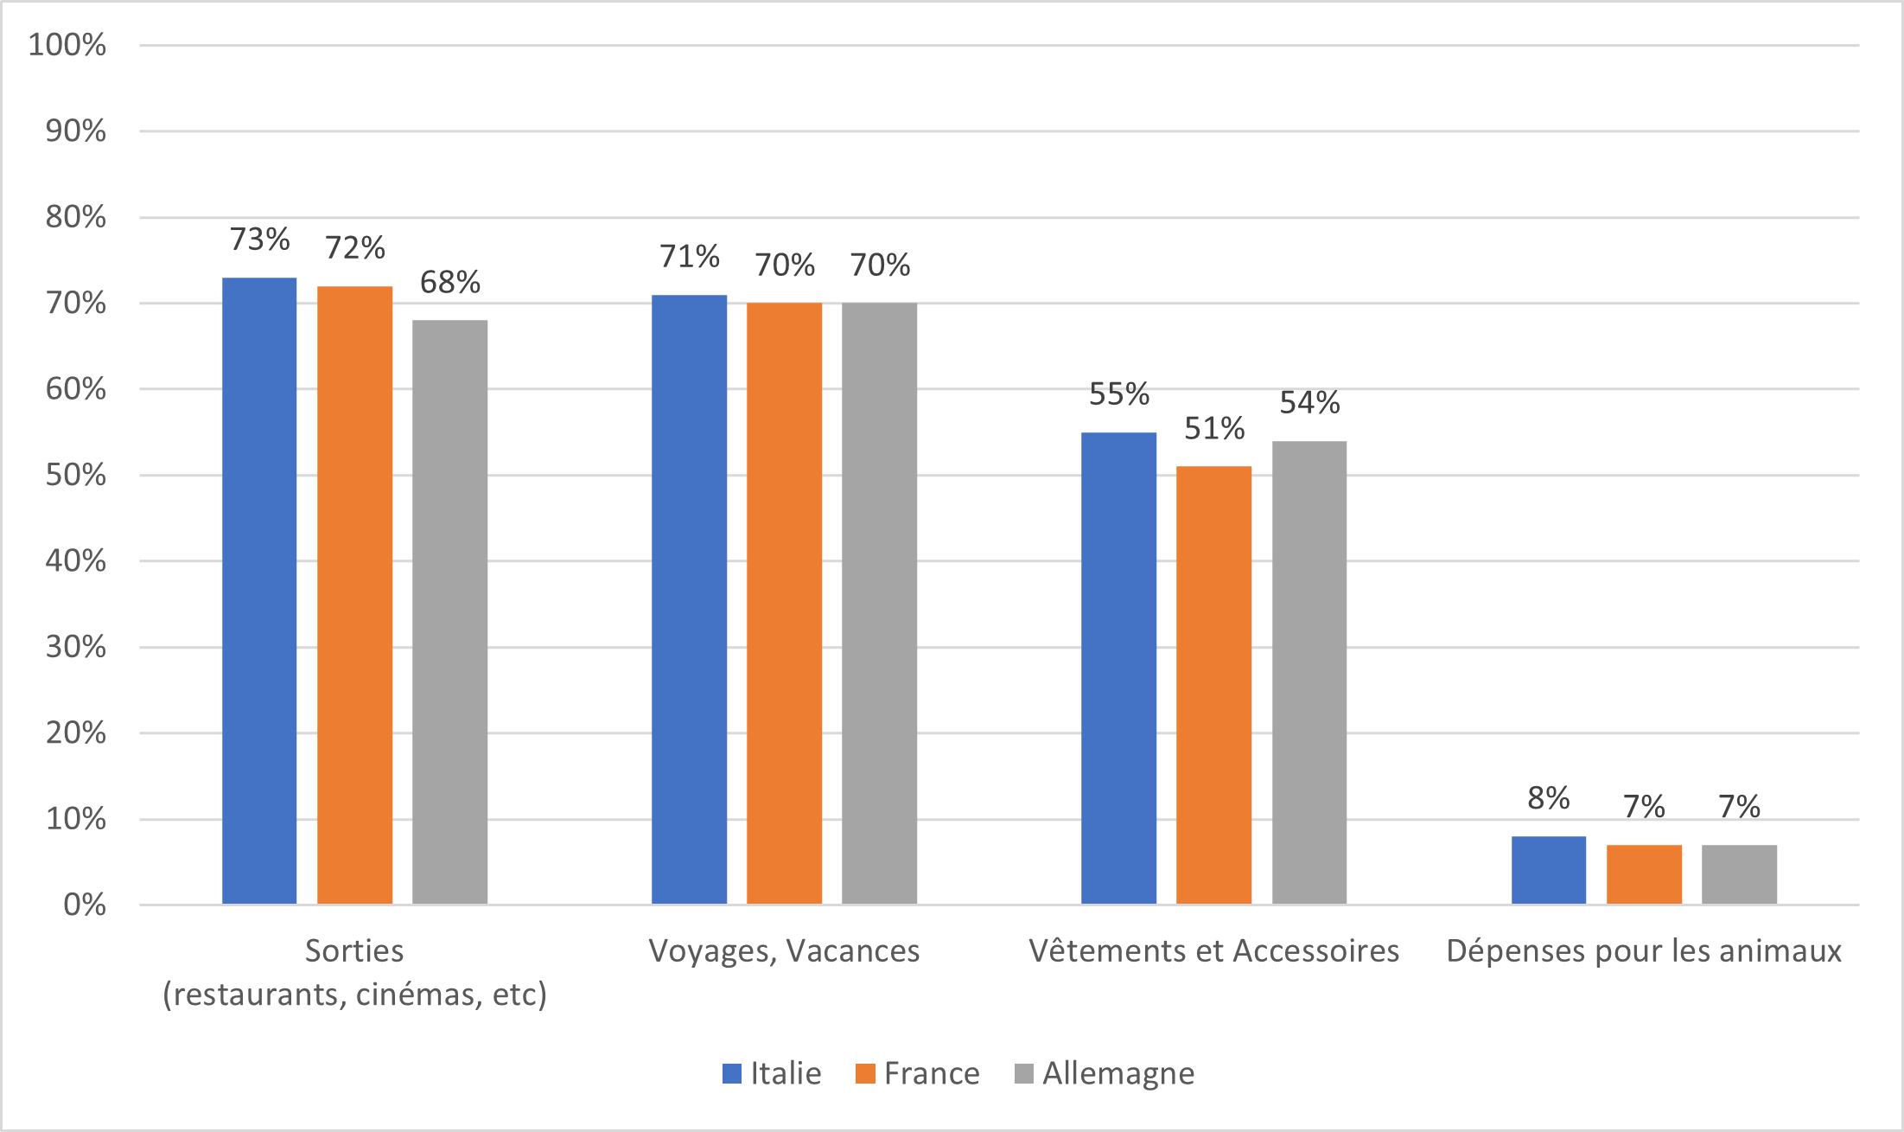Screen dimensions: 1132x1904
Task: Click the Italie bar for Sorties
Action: click(259, 591)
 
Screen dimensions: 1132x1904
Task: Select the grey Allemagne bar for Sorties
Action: click(449, 611)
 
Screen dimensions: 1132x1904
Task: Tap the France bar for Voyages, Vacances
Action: click(784, 603)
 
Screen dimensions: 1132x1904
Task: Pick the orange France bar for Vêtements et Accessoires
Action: click(1213, 685)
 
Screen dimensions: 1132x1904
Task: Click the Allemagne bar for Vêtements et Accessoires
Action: click(1309, 672)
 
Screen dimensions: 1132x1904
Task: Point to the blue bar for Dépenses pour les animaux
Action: click(1548, 870)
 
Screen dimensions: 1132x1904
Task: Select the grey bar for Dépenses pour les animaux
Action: click(1739, 874)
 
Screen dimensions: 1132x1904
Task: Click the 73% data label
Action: click(259, 240)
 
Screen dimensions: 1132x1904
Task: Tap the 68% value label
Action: click(449, 282)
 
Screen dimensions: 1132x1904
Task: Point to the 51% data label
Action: click(1213, 428)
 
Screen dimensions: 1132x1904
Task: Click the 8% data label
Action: click(1548, 798)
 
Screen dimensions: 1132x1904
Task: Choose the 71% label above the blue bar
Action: click(689, 257)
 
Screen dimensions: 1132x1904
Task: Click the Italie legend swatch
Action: click(732, 1073)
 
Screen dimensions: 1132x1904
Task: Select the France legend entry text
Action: click(932, 1073)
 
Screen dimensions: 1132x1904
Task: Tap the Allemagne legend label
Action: click(1118, 1073)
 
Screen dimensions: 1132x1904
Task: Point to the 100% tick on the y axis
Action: click(67, 45)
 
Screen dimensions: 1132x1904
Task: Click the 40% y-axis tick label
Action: click(76, 561)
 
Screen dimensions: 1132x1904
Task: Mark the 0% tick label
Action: click(85, 905)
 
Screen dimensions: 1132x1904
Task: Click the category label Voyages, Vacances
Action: click(784, 951)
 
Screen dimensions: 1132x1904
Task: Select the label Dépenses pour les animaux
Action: click(1644, 951)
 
